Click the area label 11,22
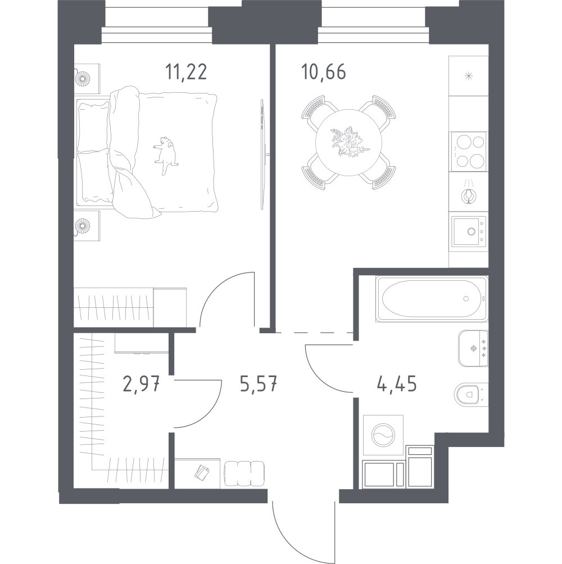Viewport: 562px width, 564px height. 186,72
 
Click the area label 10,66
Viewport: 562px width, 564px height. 324,72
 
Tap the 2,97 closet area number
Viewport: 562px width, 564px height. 141,384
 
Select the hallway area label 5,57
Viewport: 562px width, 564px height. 259,384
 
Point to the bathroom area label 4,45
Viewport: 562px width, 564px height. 397,384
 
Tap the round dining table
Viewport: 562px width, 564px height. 348,142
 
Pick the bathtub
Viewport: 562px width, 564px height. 432,298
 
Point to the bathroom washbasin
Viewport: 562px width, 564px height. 473,348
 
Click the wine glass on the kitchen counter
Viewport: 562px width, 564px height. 468,195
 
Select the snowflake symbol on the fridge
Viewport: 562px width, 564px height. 468,76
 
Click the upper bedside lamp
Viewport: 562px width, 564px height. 83,78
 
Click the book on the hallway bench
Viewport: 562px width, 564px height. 202,472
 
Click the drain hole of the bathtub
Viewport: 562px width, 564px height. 466,298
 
